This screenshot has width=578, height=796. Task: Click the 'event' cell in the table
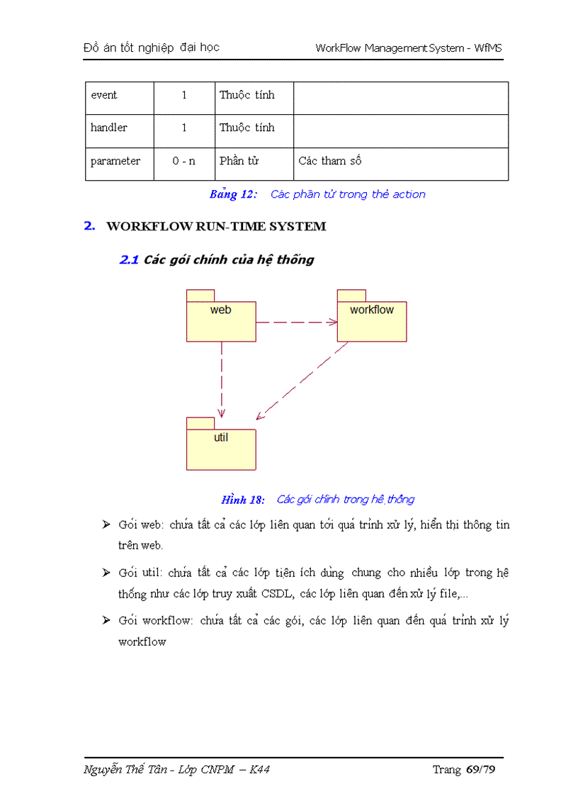pos(104,96)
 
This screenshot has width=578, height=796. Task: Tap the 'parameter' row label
pos(115,162)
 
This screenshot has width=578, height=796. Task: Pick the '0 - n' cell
pos(184,162)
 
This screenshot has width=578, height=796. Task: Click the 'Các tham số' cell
pos(330,162)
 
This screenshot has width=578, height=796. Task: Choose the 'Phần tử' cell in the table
pos(239,162)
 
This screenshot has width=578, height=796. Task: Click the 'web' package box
pos(221,321)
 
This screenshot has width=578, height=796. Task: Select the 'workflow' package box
pos(372,321)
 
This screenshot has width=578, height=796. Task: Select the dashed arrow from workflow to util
pos(302,380)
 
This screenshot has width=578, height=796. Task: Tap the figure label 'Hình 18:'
pos(243,500)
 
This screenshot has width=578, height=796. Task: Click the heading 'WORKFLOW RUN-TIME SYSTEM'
pos(216,227)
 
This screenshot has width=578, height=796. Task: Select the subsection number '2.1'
pos(129,260)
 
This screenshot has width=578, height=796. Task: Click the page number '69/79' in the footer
pos(481,770)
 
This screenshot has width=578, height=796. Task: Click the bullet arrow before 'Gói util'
pos(106,573)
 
